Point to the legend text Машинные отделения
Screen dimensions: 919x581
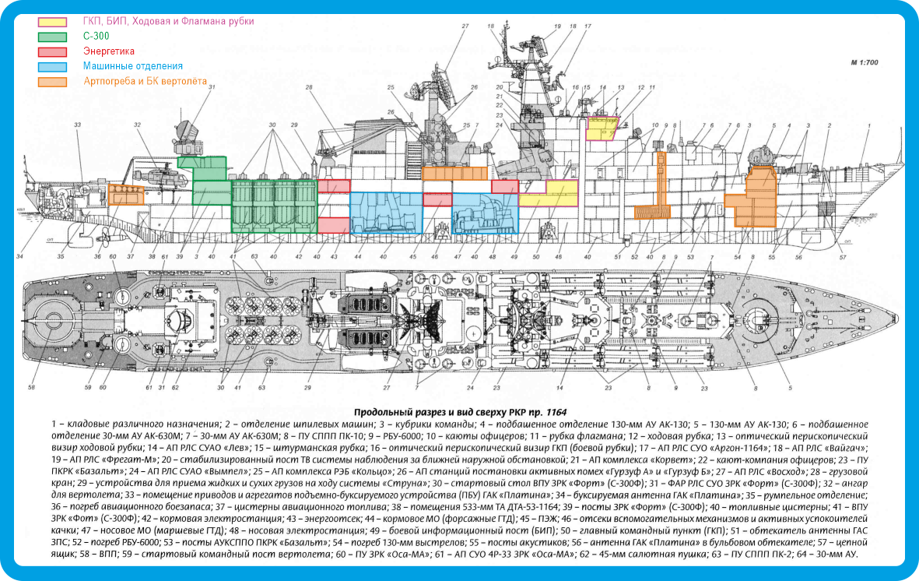coord(133,66)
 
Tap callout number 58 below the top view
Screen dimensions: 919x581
coord(32,387)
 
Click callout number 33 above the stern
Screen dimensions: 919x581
coord(77,125)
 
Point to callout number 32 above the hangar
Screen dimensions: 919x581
coord(137,125)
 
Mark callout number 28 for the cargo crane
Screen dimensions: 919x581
coord(309,87)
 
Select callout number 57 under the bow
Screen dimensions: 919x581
coord(843,257)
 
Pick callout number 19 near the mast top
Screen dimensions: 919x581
coord(557,26)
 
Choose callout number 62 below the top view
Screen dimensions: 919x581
coord(176,387)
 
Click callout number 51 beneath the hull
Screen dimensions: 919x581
coord(617,257)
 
